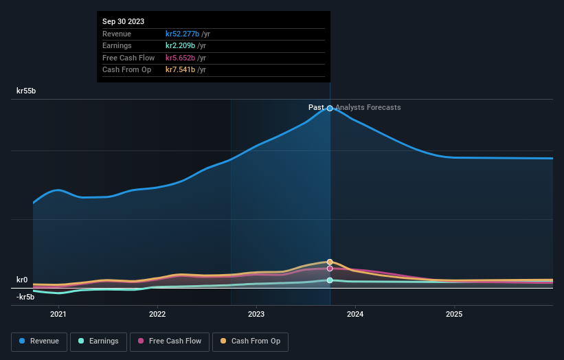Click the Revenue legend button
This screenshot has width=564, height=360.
[39, 341]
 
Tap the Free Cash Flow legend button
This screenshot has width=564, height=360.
[170, 341]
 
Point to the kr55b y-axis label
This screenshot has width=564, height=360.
[26, 91]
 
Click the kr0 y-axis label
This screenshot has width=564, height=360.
[23, 280]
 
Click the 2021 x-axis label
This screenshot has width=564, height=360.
[58, 314]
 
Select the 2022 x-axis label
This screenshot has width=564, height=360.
[157, 314]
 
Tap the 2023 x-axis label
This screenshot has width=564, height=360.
[256, 314]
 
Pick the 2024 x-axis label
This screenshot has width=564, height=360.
[355, 314]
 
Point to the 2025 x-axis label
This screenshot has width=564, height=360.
[454, 314]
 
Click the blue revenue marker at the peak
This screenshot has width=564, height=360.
[330, 109]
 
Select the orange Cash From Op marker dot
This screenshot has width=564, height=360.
[330, 262]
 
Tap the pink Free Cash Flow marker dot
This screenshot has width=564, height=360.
[330, 269]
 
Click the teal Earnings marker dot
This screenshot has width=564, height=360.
[330, 280]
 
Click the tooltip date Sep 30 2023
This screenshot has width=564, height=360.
[124, 22]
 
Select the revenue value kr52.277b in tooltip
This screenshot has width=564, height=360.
[182, 34]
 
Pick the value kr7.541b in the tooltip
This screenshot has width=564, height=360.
[180, 69]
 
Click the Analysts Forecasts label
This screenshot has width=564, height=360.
[368, 107]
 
